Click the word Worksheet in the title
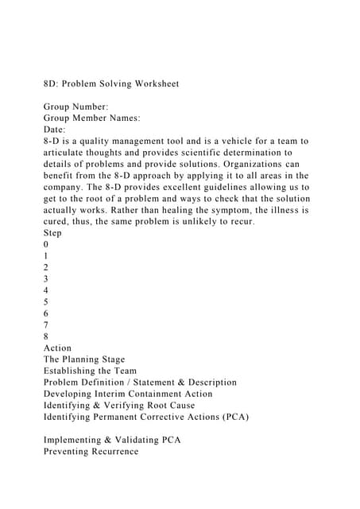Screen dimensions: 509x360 [x=151, y=82]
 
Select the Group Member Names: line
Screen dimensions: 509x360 [x=92, y=117]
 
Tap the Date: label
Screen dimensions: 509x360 [x=55, y=129]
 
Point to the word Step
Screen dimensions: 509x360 [x=52, y=233]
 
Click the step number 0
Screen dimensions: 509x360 [x=46, y=244]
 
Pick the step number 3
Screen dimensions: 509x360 [x=46, y=279]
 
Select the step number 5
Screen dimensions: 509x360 [x=46, y=302]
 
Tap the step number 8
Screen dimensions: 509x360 [x=46, y=336]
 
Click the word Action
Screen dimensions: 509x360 [x=58, y=348]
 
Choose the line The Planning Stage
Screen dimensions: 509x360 [x=84, y=359]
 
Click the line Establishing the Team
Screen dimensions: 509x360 [x=90, y=371]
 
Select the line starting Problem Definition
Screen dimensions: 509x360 [x=140, y=383]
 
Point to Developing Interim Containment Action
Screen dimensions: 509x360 [x=128, y=394]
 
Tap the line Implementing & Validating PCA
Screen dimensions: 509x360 [x=112, y=440]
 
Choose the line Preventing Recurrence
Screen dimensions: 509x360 [x=91, y=451]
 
